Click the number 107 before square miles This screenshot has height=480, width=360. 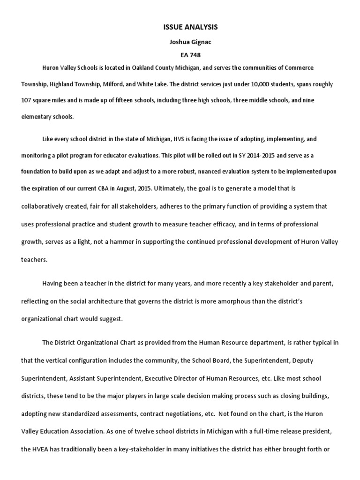(27, 101)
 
